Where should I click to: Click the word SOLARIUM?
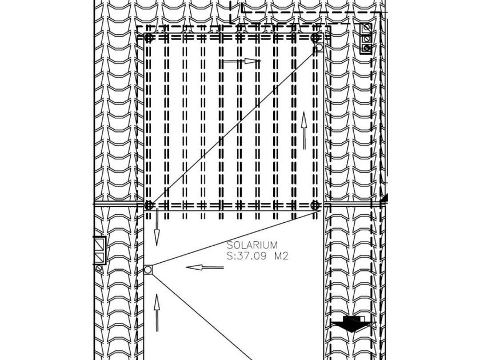(252, 245)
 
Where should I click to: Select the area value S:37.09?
(247, 256)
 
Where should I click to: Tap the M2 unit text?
(281, 256)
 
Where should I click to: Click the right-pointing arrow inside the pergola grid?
(241, 61)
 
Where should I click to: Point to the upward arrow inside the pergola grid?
(304, 130)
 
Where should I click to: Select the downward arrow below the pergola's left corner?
(157, 227)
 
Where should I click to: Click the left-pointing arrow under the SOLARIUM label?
(205, 267)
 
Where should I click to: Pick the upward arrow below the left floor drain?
(157, 313)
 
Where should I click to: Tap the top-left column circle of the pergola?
(149, 38)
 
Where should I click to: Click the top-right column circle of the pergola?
(315, 38)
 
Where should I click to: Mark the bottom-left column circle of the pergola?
(149, 205)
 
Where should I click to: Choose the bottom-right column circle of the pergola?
(315, 205)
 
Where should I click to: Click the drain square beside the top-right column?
(319, 48)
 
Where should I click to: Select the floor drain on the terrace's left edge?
(148, 270)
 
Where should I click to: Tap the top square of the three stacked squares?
(366, 28)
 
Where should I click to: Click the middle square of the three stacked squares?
(366, 39)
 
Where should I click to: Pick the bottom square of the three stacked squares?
(366, 49)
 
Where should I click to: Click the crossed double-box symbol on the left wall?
(100, 250)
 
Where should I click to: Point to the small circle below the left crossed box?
(99, 269)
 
